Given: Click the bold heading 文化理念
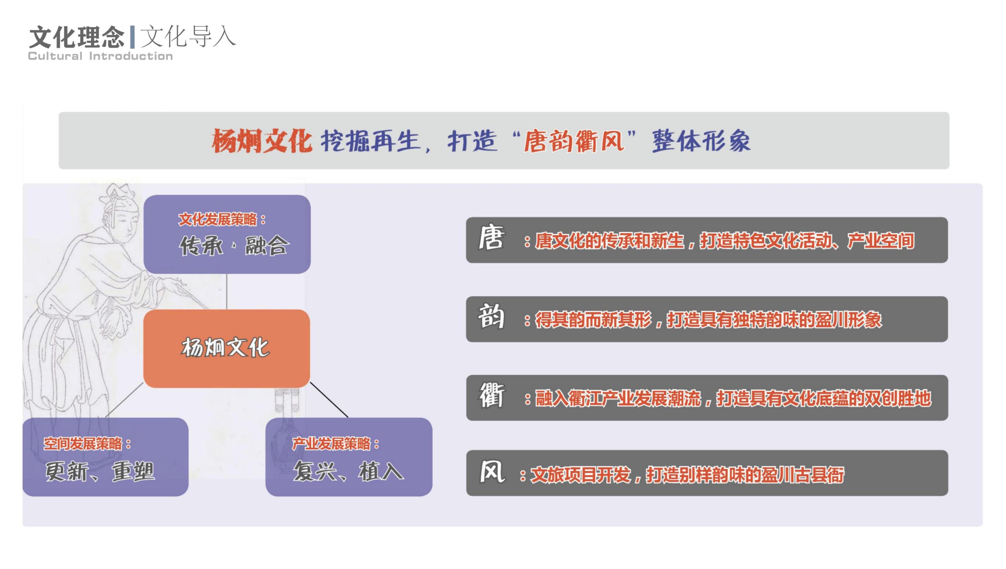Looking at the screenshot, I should [77, 37].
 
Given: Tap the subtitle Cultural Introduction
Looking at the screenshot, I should [100, 56].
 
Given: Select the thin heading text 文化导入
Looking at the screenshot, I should [188, 37].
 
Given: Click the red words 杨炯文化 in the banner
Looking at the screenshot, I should [262, 141].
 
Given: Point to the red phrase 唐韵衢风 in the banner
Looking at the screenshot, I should [574, 141].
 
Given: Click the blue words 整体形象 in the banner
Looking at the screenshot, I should [701, 141].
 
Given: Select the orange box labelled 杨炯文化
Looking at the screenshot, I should [226, 348].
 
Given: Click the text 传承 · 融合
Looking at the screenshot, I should [234, 246].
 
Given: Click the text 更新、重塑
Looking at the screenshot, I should [100, 471].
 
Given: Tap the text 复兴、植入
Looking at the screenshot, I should [348, 471].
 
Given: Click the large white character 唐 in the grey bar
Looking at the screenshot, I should [491, 238].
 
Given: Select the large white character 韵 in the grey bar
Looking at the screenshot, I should [491, 317].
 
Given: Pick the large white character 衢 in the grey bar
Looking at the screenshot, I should [492, 395].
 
